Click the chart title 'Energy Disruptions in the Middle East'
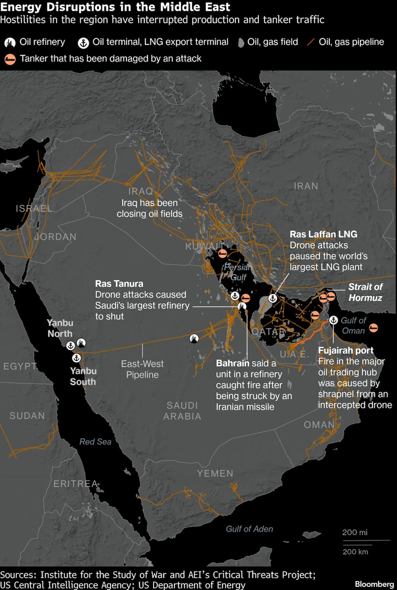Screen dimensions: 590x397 coord(115,7)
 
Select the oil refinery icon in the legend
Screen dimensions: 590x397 coord(10,43)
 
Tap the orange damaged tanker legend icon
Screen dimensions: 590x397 coord(10,59)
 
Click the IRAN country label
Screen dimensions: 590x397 coord(306,186)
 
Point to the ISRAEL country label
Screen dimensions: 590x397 coord(34,208)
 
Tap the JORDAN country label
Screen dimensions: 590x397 coord(55,237)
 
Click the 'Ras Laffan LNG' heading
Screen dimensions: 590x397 coord(323,234)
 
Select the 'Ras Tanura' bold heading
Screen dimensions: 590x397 coord(119,283)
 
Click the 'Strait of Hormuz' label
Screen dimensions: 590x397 coord(365,292)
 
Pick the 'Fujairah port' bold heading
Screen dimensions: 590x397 coord(346,350)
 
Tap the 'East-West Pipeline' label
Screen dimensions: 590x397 coord(142,369)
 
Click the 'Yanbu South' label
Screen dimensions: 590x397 coord(83,376)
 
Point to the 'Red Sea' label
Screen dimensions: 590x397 coord(95,441)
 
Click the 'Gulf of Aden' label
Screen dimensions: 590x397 coord(249,529)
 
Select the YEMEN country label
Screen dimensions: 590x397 coord(215,473)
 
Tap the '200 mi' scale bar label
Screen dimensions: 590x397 coord(355,532)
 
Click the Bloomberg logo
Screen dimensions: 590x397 coord(374,584)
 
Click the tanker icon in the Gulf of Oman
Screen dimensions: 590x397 coord(373,328)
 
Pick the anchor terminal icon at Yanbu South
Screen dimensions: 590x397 coord(76,358)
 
